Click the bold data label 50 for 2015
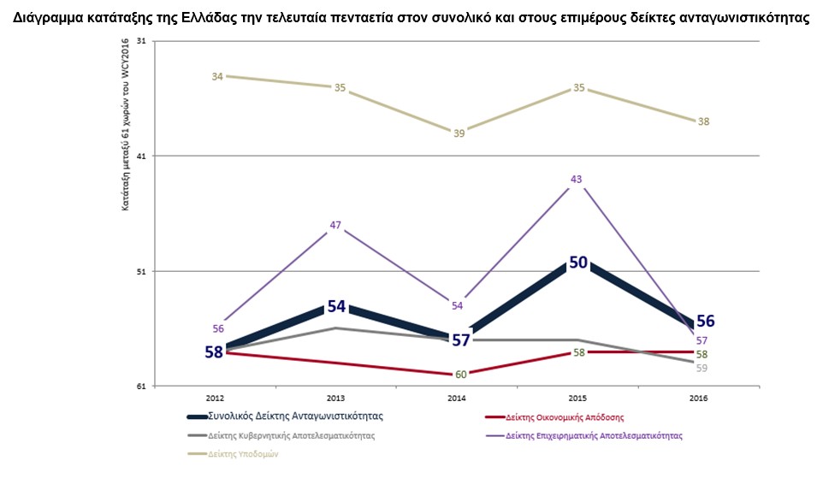[578, 262]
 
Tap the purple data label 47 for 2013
[335, 226]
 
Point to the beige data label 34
[217, 76]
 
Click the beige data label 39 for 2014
[459, 133]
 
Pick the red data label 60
[460, 374]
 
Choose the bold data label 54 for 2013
[336, 306]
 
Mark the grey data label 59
[702, 369]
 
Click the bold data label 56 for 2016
[705, 321]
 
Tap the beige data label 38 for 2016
[703, 121]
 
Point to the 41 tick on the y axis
[141, 156]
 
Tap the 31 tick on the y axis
[141, 41]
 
